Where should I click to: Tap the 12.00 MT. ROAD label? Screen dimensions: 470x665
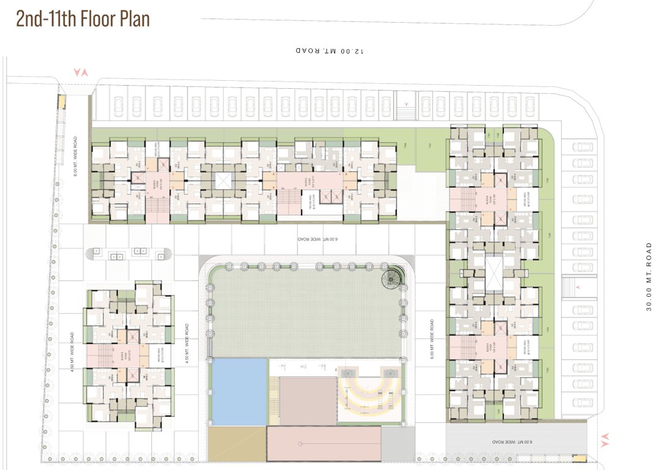330,51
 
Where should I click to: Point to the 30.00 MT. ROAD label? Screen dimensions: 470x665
649,277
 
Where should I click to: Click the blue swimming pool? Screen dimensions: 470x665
239,391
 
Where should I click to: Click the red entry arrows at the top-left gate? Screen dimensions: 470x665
81,72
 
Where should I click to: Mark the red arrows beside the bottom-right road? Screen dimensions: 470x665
605,439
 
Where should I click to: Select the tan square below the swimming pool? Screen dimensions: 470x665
237,444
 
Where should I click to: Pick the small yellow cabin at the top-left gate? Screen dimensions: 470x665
61,102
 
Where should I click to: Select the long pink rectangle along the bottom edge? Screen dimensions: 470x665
324,444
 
